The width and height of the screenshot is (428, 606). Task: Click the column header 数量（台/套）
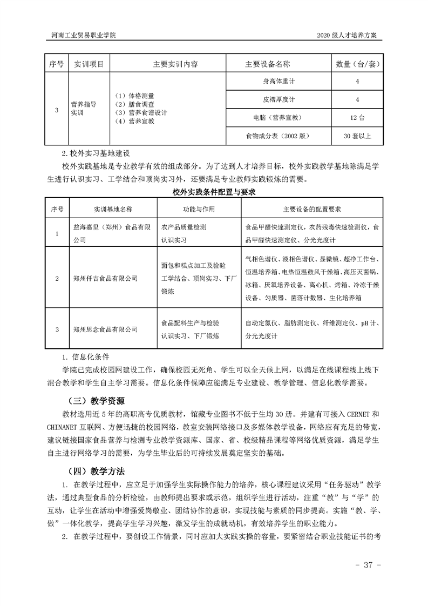tap(358, 64)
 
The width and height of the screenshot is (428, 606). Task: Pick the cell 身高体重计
tap(278, 81)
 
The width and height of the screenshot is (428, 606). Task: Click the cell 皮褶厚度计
tap(278, 99)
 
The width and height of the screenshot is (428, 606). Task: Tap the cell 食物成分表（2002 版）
tap(278, 136)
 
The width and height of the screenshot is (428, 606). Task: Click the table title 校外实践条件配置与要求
tap(213, 192)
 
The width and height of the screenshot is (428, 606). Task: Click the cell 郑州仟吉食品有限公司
tap(105, 279)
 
